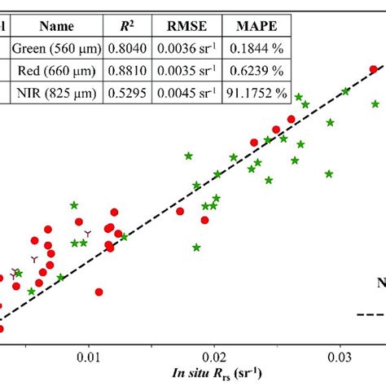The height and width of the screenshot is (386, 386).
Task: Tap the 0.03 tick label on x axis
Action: pos(338,355)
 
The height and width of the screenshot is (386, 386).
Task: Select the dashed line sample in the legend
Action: pos(371,315)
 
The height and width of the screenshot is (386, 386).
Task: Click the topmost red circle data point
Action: pos(374,69)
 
